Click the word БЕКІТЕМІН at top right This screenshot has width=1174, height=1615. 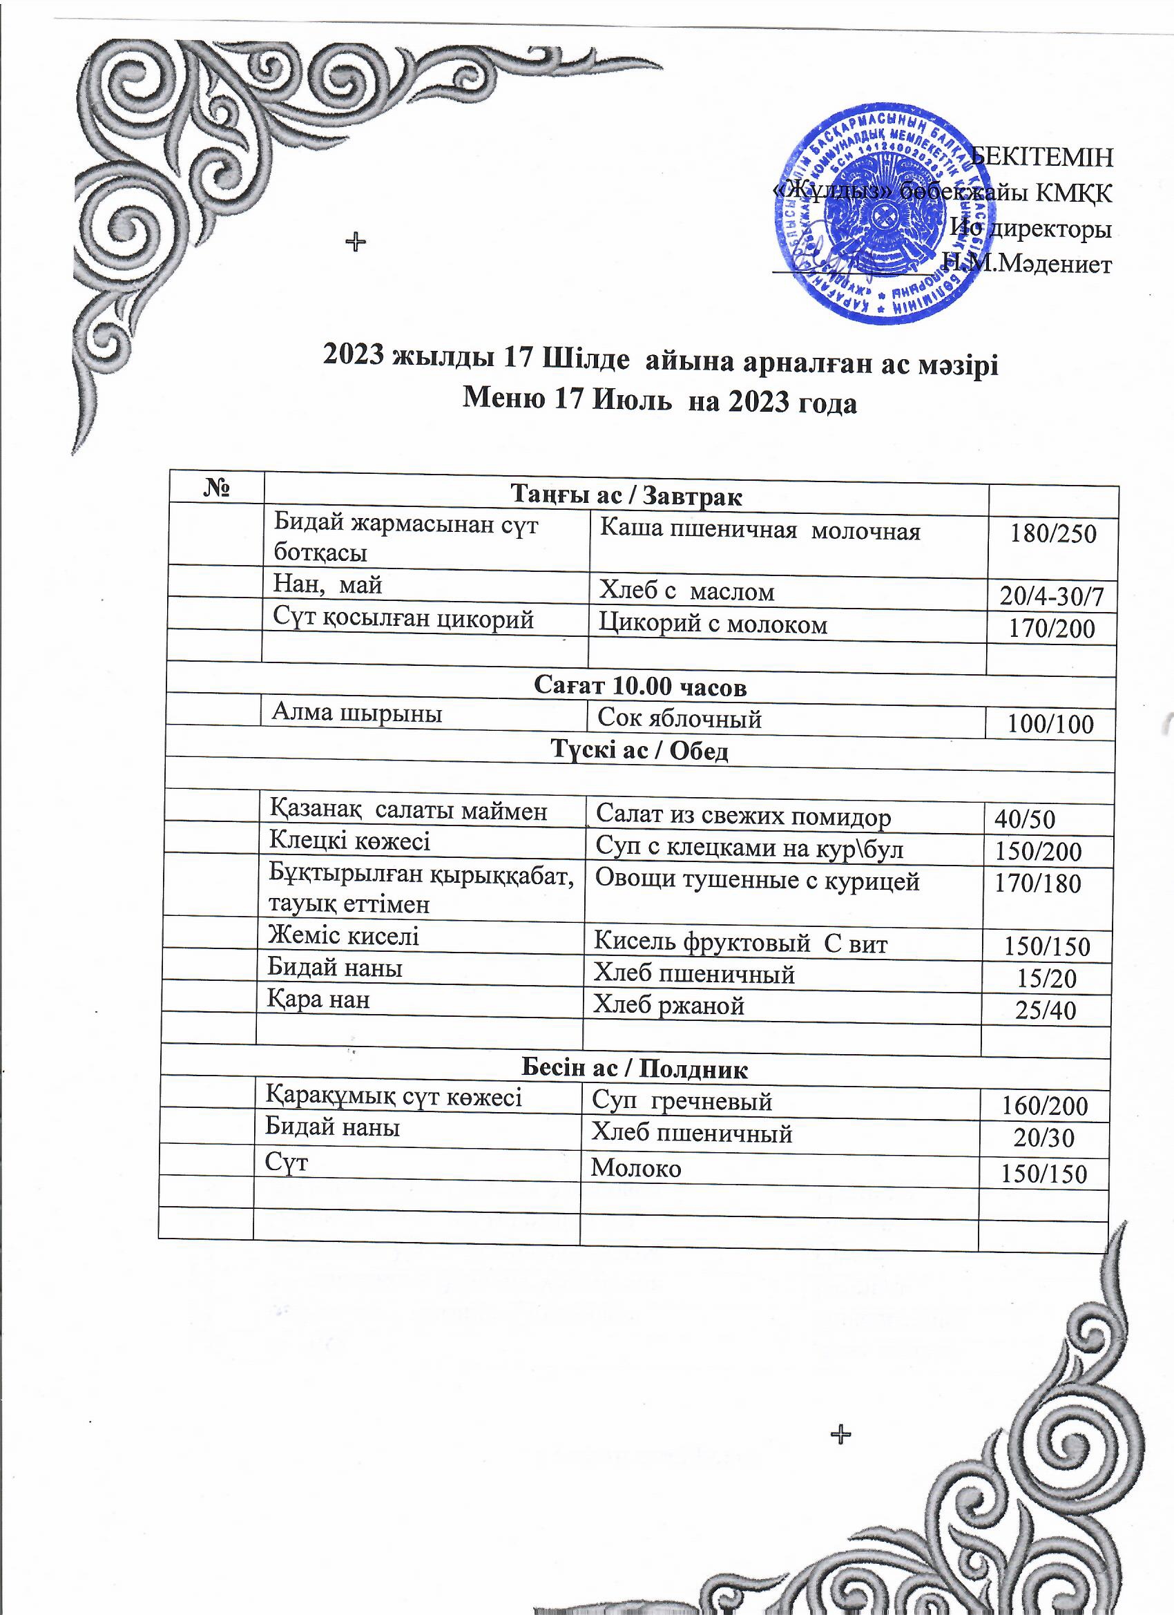(x=1043, y=157)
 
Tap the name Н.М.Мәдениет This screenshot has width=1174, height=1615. (x=1027, y=263)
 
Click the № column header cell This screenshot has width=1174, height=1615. (x=216, y=488)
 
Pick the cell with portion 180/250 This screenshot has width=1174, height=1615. (x=1053, y=534)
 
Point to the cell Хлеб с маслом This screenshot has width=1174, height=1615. (x=686, y=591)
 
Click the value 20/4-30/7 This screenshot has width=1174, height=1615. (x=1052, y=596)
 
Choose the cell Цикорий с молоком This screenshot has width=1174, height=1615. (x=713, y=624)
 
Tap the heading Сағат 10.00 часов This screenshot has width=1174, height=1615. (x=640, y=687)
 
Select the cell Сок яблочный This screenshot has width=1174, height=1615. (x=680, y=719)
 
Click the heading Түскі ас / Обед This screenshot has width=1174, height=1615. (x=640, y=751)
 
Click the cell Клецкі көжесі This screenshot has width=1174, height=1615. (x=349, y=841)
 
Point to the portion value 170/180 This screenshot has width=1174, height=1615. (x=1037, y=883)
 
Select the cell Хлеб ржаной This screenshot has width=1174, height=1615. (x=669, y=1006)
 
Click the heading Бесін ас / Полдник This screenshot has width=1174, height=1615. (x=635, y=1069)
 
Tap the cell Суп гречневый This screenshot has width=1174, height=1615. (x=682, y=1102)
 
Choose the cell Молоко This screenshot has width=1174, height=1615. (x=636, y=1169)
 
